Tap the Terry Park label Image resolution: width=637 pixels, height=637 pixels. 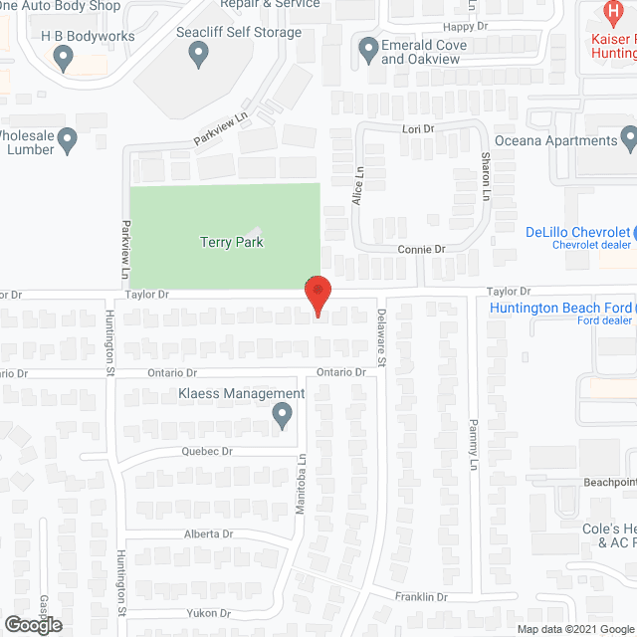pos(231,242)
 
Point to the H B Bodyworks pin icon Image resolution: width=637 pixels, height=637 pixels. pos(66,59)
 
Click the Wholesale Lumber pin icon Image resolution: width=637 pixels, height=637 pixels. pos(68,141)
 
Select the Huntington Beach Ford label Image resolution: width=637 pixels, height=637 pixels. pos(561,308)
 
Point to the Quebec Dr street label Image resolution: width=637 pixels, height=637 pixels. pos(206,451)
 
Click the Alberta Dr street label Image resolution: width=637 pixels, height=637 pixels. pos(207,533)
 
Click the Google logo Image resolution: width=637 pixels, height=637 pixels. pos(32,625)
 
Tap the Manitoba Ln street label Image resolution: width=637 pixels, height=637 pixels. pos(302,491)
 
